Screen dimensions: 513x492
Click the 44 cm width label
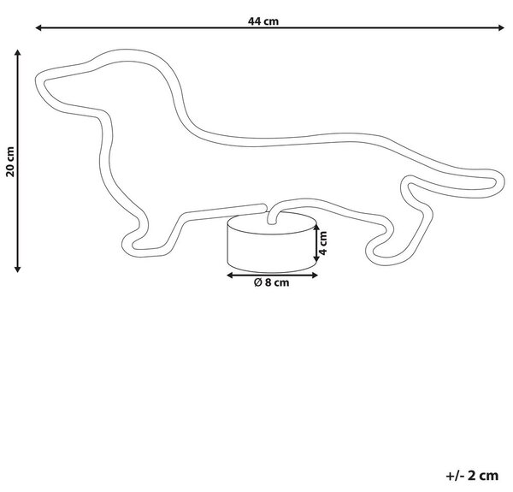(263, 21)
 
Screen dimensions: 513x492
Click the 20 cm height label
(10, 162)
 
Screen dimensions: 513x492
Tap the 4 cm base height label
(323, 243)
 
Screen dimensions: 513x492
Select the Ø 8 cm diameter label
(272, 282)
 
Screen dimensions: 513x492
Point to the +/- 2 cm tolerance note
(472, 475)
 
